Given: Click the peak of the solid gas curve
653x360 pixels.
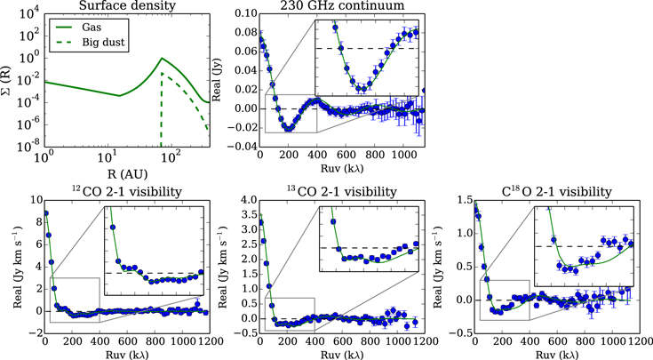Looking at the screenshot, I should click(x=161, y=59).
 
